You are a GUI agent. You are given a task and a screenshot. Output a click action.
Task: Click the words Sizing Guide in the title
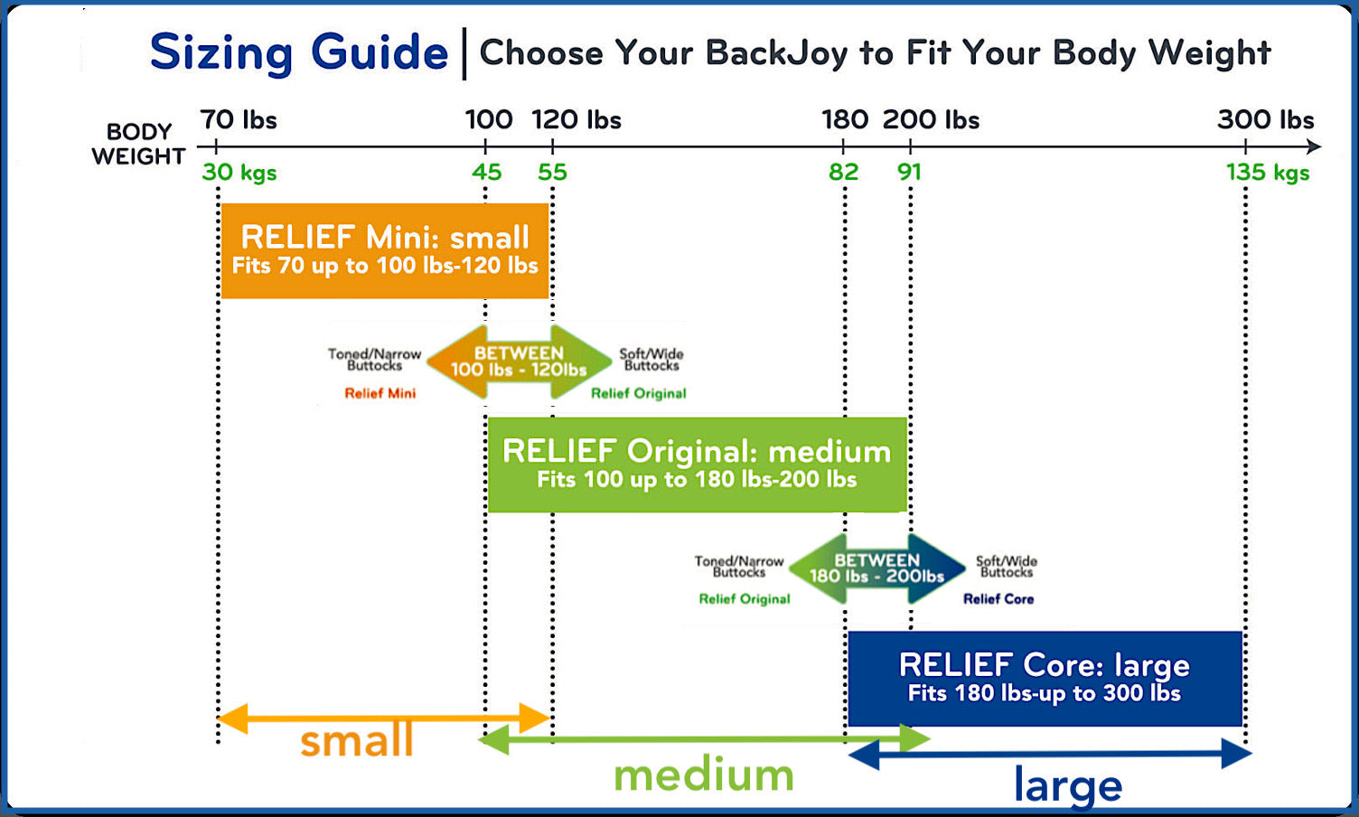pos(298,53)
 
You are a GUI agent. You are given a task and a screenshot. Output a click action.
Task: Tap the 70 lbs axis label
pos(239,119)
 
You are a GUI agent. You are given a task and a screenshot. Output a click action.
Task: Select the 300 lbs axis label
pos(1266,119)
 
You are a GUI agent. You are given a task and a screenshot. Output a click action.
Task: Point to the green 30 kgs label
pos(239,173)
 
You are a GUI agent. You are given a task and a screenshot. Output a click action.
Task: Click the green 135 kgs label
pos(1268,173)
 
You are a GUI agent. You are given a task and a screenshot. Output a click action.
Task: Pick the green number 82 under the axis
pos(843,173)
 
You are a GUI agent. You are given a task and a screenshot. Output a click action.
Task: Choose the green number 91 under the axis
pos(909,173)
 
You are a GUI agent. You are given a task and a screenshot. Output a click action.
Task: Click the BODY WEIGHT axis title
pos(139,144)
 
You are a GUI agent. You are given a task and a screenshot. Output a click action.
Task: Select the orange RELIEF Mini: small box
pos(385,250)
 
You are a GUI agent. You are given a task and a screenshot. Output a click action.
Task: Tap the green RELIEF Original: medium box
pos(697,465)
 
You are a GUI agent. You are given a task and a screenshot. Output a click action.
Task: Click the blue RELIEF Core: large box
pos(1045,679)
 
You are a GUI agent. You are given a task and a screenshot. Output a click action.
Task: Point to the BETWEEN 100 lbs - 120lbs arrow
pos(519,362)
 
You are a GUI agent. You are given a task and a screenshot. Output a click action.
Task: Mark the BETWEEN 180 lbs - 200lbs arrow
pos(876,568)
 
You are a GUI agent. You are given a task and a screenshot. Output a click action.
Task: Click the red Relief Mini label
pos(380,393)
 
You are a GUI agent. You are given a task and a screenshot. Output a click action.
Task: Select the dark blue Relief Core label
pos(998,599)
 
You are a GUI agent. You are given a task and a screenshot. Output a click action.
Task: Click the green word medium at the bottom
pos(704,775)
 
